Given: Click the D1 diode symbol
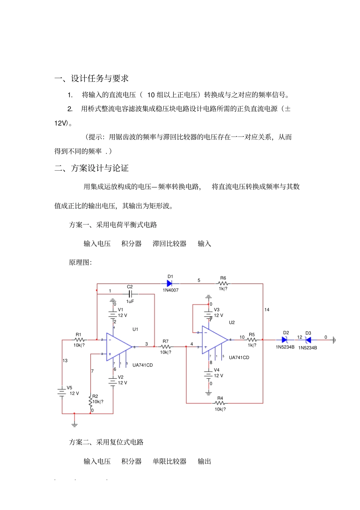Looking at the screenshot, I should point(170,283).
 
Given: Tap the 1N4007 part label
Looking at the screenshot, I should point(171,290).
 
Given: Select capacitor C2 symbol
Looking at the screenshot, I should point(130,294).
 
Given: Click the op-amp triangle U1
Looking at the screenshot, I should point(119,347).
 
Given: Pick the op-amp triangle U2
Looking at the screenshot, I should point(214,340).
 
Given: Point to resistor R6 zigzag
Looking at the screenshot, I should point(223,283).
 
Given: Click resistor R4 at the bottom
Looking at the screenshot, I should point(220,403).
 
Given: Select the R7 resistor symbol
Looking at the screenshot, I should point(166,347).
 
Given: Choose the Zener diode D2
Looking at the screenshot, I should point(285,340).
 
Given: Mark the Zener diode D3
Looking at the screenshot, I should point(308,340).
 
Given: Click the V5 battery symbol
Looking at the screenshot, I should point(62,392).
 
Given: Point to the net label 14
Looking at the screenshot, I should point(267,310).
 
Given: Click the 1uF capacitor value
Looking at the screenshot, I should point(130,301).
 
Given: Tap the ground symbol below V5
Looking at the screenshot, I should point(75,425).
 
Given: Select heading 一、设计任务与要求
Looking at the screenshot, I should point(91,78).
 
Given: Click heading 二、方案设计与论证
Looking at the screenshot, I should point(91,168).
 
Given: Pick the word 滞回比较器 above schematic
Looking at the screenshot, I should point(169,243).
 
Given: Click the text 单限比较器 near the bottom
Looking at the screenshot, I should point(169,461).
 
